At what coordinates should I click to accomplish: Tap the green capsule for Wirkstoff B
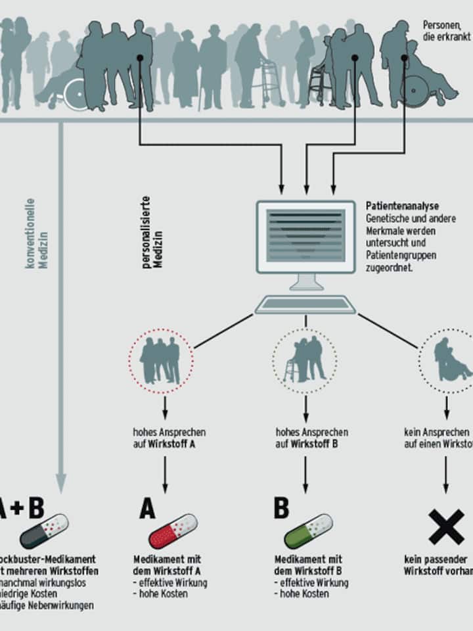click(308, 531)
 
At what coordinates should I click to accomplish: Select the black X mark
click(447, 526)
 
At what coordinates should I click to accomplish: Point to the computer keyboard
click(305, 305)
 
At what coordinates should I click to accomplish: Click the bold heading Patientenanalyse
click(402, 206)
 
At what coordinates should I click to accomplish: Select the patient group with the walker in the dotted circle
click(305, 360)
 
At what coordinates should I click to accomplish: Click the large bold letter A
click(148, 509)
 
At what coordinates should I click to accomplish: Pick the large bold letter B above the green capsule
click(281, 508)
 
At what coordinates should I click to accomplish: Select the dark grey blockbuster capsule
click(44, 531)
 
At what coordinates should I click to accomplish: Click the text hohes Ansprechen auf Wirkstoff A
click(168, 438)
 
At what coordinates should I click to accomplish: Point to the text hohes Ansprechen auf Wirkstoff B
click(311, 438)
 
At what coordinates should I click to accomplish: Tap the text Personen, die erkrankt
click(447, 30)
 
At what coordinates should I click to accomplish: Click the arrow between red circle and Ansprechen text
click(165, 408)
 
